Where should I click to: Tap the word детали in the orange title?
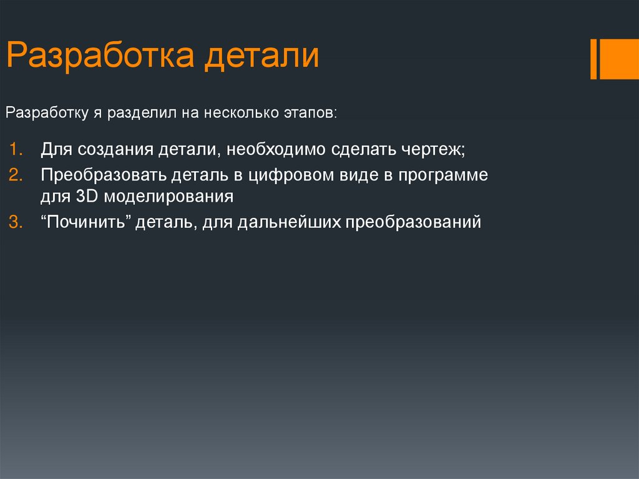pyautogui.click(x=263, y=56)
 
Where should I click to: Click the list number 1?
pyautogui.click(x=16, y=151)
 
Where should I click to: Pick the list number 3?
pyautogui.click(x=16, y=222)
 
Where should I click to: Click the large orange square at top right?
pyautogui.click(x=620, y=59)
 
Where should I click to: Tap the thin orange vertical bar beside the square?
pyautogui.click(x=593, y=59)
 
